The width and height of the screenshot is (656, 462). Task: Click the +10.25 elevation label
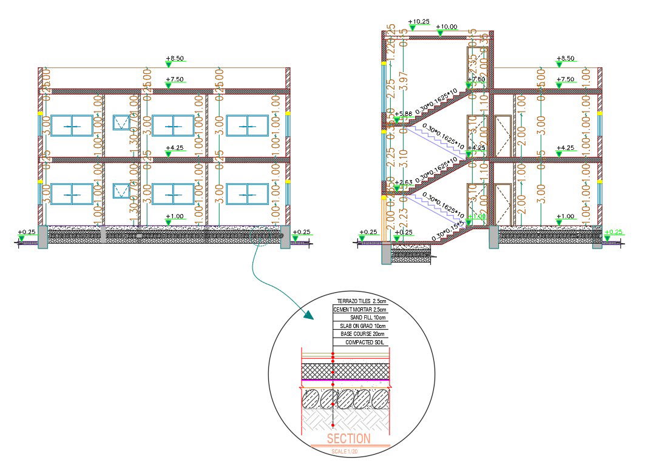click(419, 21)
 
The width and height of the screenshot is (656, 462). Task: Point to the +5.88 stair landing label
click(404, 113)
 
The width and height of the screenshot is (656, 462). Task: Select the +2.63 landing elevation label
click(404, 182)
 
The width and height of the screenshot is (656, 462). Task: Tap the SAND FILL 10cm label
click(368, 318)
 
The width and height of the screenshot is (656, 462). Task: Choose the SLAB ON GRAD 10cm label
click(363, 326)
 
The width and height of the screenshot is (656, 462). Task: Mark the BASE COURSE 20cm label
click(363, 334)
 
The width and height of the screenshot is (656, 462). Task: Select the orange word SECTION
click(348, 438)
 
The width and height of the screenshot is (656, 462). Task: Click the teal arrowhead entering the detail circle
click(309, 315)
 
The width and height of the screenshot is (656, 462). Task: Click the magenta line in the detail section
click(346, 381)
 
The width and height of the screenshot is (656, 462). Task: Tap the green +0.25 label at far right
click(614, 232)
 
